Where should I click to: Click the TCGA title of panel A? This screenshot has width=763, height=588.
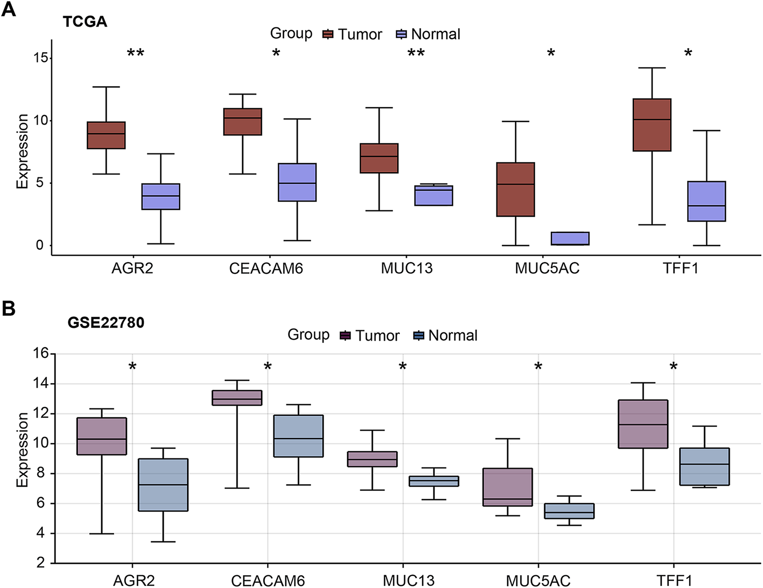[x=85, y=22]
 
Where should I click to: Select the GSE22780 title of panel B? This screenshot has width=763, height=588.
[x=106, y=323]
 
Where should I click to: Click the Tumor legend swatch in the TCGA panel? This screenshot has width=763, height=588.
[x=328, y=34]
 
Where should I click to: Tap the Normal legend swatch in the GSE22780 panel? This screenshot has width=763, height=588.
[x=419, y=335]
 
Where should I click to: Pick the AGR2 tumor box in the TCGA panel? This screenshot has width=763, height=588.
[x=106, y=135]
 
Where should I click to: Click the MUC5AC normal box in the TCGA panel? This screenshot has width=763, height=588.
[x=570, y=238]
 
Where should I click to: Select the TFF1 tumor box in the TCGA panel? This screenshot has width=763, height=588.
[x=652, y=125]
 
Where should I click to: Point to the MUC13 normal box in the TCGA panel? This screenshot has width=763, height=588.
[x=434, y=196]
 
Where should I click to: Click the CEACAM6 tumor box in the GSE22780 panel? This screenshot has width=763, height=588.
[x=237, y=398]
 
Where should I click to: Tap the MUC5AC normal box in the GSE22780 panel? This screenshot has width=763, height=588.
[x=569, y=511]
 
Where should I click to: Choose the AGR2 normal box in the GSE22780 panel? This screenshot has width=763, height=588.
[x=163, y=485]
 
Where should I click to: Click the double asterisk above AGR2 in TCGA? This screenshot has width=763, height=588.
[x=135, y=53]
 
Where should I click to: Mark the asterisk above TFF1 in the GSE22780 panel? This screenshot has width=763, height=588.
[x=673, y=367]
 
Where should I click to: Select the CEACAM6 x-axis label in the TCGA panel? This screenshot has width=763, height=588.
[x=266, y=268]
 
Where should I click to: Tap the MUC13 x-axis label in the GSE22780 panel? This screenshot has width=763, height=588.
[x=408, y=580]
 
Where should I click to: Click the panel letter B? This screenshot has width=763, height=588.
[x=9, y=308]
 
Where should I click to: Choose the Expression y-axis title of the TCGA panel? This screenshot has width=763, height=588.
[x=22, y=151]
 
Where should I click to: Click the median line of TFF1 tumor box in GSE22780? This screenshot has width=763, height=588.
[x=643, y=424]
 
